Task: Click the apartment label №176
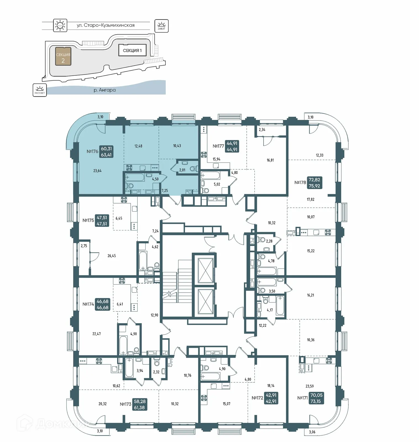tap(92, 151)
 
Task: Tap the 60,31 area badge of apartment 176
tap(106, 149)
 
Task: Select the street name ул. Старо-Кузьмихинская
tap(106, 25)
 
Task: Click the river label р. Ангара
tap(105, 90)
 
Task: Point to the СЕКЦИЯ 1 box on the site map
tap(132, 50)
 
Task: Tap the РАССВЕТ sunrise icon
tap(39, 90)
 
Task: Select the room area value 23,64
tap(97, 171)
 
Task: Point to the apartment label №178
tap(300, 182)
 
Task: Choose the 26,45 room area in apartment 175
tap(112, 256)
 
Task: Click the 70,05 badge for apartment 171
tap(316, 395)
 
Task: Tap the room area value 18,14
tap(271, 386)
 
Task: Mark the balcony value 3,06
tap(312, 432)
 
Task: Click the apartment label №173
tap(125, 404)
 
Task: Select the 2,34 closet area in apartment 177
tap(262, 129)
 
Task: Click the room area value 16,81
tap(270, 160)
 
